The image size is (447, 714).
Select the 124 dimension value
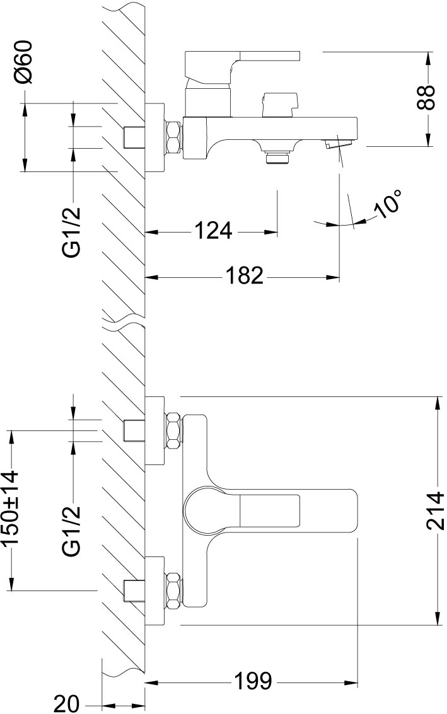pos(214,231)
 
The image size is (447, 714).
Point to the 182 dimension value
pos(245,275)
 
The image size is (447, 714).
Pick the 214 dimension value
pos(436,510)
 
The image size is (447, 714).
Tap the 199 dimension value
pos(253,681)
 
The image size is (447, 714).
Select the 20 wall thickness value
pos(67,703)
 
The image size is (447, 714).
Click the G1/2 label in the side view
pos(72,232)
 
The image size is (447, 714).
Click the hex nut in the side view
pos(174,136)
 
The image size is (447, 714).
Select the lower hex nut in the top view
pos(174,590)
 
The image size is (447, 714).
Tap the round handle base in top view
pos(205,510)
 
